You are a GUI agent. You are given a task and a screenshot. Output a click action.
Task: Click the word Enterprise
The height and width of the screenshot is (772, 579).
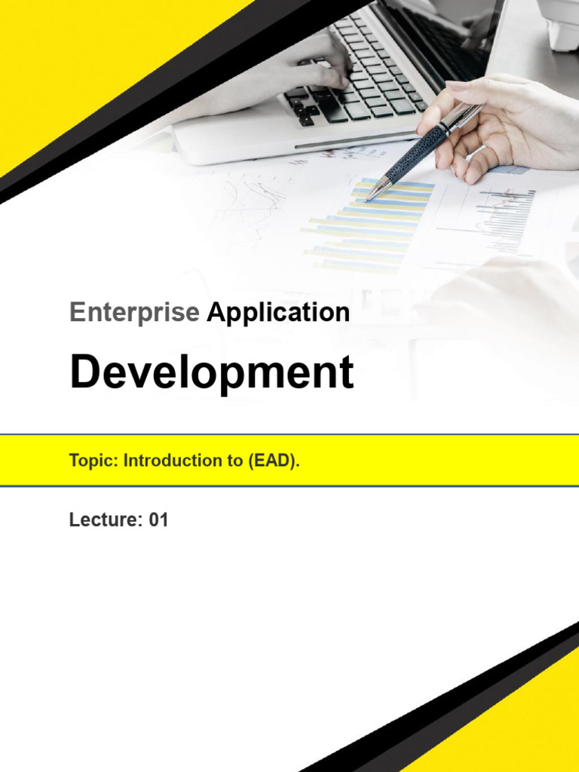[134, 312]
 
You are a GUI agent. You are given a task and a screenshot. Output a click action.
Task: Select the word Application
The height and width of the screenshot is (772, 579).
[278, 313]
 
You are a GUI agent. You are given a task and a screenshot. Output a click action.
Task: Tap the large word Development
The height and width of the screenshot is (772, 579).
[211, 372]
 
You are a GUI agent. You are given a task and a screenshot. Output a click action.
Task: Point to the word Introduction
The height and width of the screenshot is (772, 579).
[171, 461]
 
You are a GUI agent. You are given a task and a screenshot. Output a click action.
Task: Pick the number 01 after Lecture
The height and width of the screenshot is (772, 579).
[158, 519]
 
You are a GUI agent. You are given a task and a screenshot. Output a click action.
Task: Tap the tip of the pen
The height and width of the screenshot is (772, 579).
[368, 200]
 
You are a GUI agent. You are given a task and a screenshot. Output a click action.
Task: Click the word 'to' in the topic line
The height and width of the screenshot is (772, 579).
[233, 461]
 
